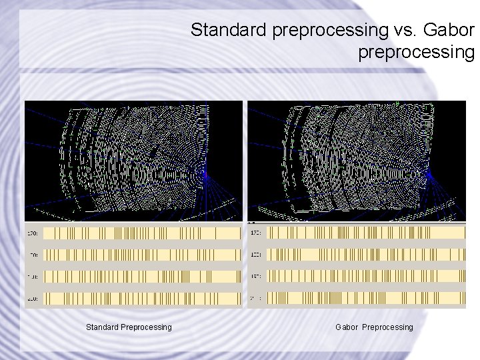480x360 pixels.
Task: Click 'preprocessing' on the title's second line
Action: [415, 51]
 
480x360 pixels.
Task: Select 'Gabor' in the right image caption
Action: [347, 327]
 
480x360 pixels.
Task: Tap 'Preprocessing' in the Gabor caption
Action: [387, 327]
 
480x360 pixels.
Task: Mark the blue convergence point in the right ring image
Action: [428, 175]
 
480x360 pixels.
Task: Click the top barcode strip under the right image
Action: [365, 233]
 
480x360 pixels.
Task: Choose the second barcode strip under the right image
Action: [365, 254]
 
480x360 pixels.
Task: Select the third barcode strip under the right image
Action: [365, 276]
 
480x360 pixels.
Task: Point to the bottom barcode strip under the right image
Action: [365, 297]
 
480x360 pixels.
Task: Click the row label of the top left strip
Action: [33, 233]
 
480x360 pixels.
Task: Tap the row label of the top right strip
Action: [256, 233]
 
